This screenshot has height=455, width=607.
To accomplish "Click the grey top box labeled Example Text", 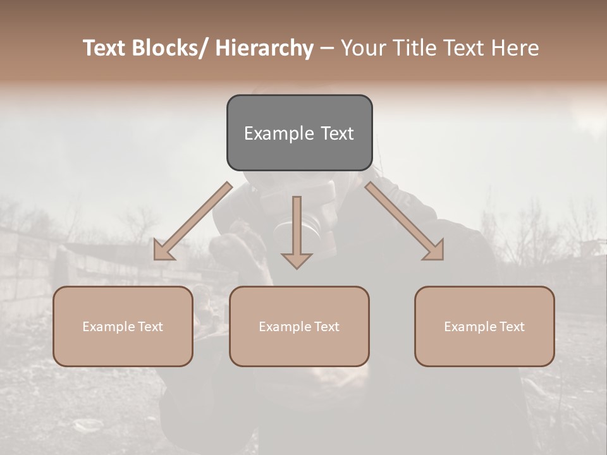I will pos(299,133).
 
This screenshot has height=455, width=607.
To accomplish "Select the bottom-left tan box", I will pos(123,326).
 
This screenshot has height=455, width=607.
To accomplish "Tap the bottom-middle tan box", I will pos(299,326).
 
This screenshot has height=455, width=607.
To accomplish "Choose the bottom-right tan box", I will pos(484,326).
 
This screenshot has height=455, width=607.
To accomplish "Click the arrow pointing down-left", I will pos(193,222).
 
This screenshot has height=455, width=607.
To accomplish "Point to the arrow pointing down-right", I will pos(405,222).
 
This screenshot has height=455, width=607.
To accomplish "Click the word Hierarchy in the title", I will pos(264,48).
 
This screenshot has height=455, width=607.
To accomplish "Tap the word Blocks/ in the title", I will pos(174,48).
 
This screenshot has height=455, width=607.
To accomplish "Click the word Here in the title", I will pos(515,48).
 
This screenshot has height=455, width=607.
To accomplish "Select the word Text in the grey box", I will pos(336,133).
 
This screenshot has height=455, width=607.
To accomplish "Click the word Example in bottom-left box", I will pos(109,327).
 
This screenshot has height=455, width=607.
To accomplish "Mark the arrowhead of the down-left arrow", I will pos(162,251).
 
